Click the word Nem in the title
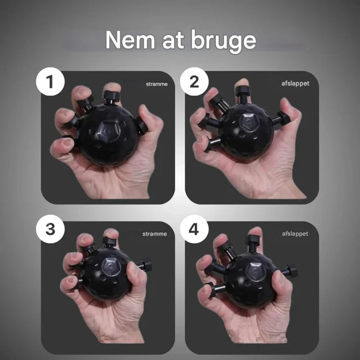pos(130,40)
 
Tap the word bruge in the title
pos(224,41)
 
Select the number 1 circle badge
pos(50,81)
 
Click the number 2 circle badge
pos(194,81)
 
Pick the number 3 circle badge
pos(50,229)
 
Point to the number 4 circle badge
pos(194,229)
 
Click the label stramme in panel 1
pos(157,84)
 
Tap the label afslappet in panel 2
pos(295,83)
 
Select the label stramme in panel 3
pos(155,234)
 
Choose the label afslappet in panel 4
pos(295,234)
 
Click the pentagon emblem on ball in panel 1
pos(109,131)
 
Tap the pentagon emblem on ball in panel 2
pos(249,122)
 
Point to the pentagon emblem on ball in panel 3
pos(111,267)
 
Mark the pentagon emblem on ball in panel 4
pos(255,271)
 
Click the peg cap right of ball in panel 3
pos(146,265)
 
